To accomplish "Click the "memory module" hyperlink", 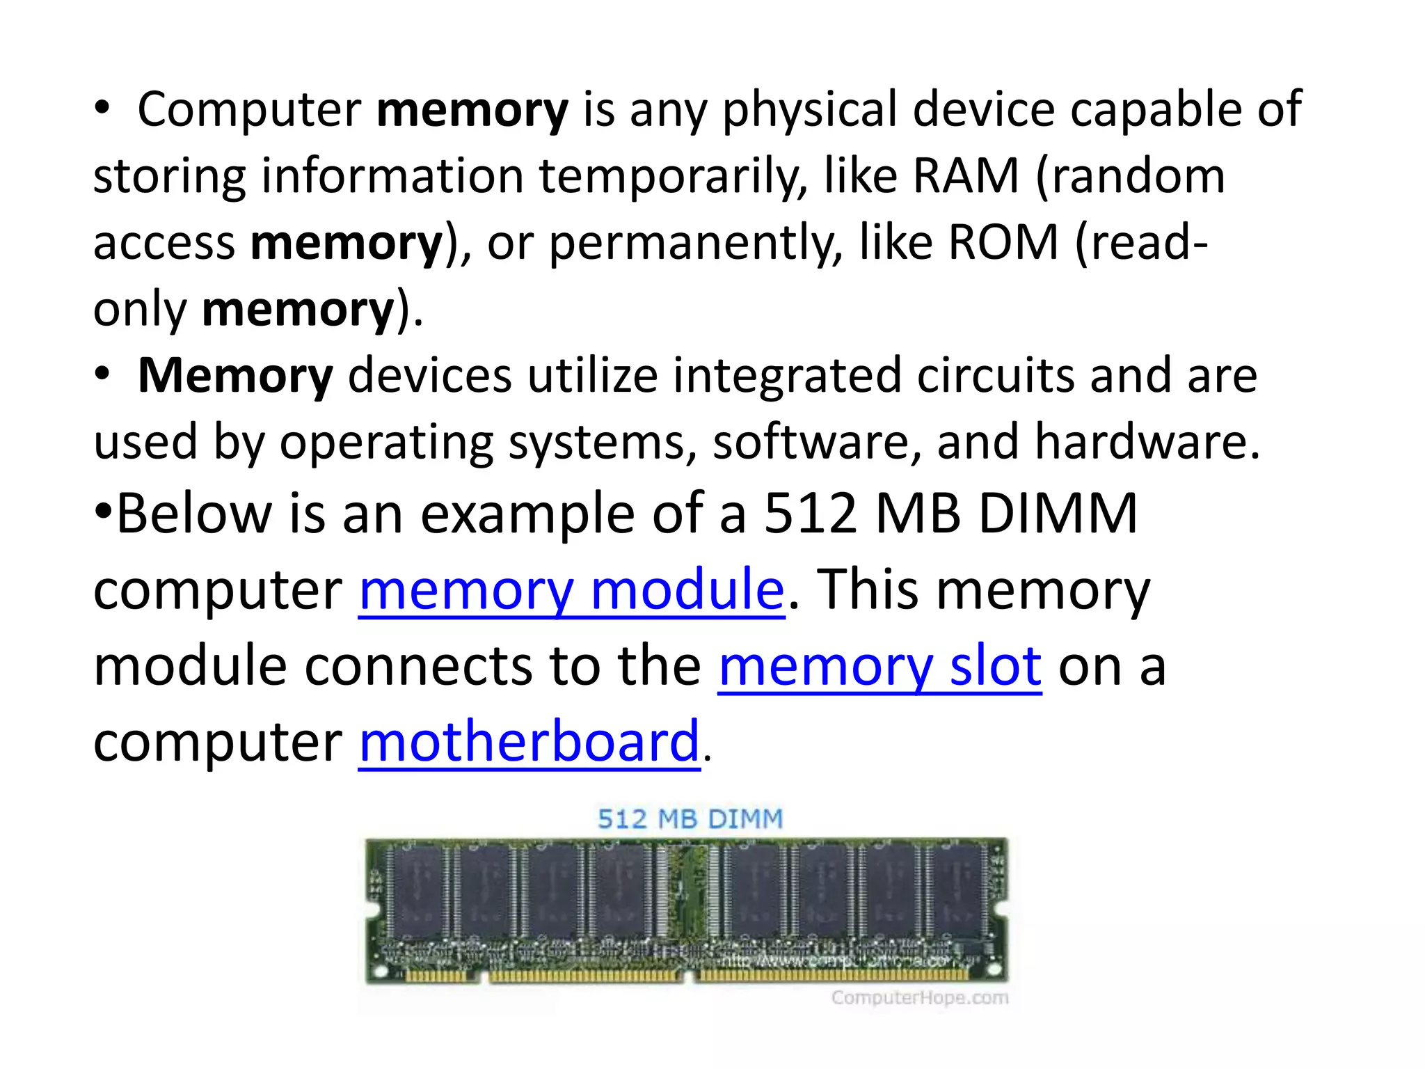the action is pyautogui.click(x=571, y=590).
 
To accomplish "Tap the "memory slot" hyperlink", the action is pyautogui.click(x=879, y=666).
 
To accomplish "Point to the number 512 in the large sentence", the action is pyautogui.click(x=810, y=514).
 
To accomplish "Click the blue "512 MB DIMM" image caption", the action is pyautogui.click(x=690, y=819).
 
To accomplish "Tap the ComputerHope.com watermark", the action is pyautogui.click(x=919, y=998).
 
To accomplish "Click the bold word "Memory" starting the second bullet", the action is pyautogui.click(x=235, y=376).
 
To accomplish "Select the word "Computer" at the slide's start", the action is pyautogui.click(x=249, y=109).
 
